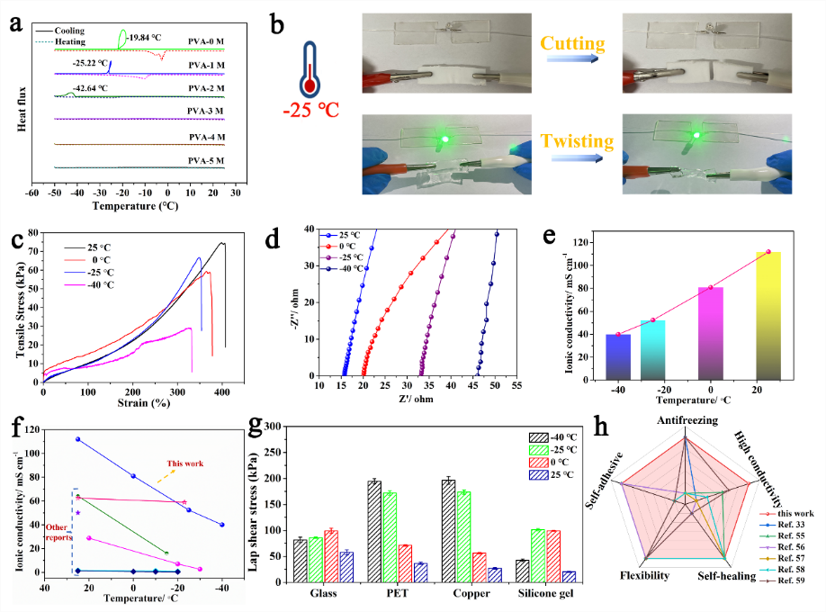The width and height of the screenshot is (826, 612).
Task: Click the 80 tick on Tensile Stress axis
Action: (32, 233)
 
